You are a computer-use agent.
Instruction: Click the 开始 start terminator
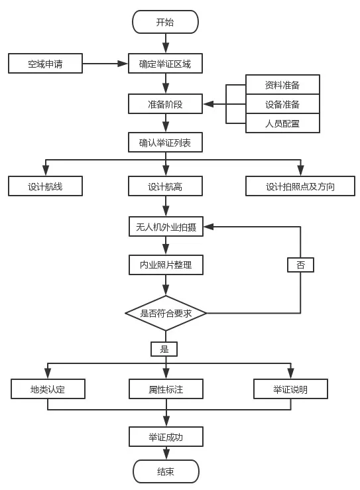pos(165,22)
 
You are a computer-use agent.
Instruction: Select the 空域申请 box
pos(45,64)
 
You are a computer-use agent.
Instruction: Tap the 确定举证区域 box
pos(165,64)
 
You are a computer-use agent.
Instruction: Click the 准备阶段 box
pos(165,104)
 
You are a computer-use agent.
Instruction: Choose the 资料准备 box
pos(282,85)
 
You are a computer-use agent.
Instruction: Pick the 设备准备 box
pos(282,104)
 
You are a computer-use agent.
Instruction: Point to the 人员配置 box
pos(282,123)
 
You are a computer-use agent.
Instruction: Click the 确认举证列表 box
pos(165,143)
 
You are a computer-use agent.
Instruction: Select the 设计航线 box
pos(45,186)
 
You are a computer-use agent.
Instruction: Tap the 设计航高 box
pos(165,186)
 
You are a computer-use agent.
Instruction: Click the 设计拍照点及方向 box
pos(300,186)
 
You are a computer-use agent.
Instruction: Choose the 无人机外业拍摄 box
pos(165,227)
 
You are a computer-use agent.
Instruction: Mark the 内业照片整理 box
pos(165,265)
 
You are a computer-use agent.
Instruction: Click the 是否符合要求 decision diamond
pos(166,313)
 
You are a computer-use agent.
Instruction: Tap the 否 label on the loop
pos(300,265)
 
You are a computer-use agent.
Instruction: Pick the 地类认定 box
pos(48,389)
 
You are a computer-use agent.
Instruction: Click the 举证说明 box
pos(290,389)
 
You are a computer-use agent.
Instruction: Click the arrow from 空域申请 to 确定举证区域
pos(105,64)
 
